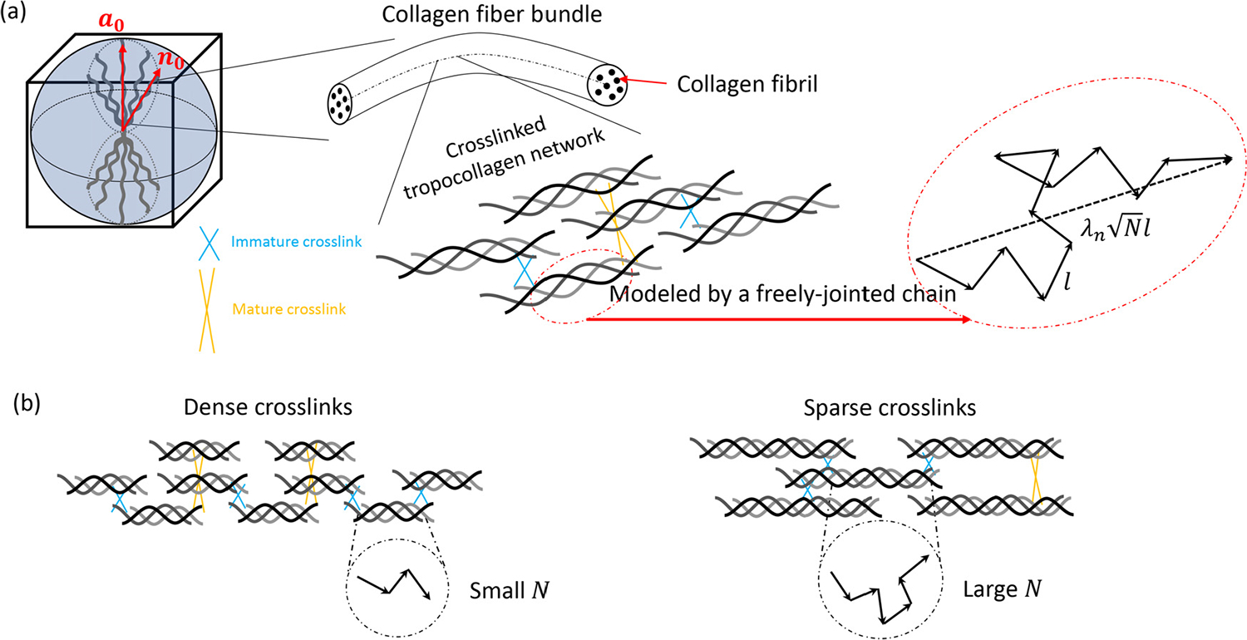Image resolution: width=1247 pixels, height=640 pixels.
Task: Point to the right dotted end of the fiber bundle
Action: point(610,85)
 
